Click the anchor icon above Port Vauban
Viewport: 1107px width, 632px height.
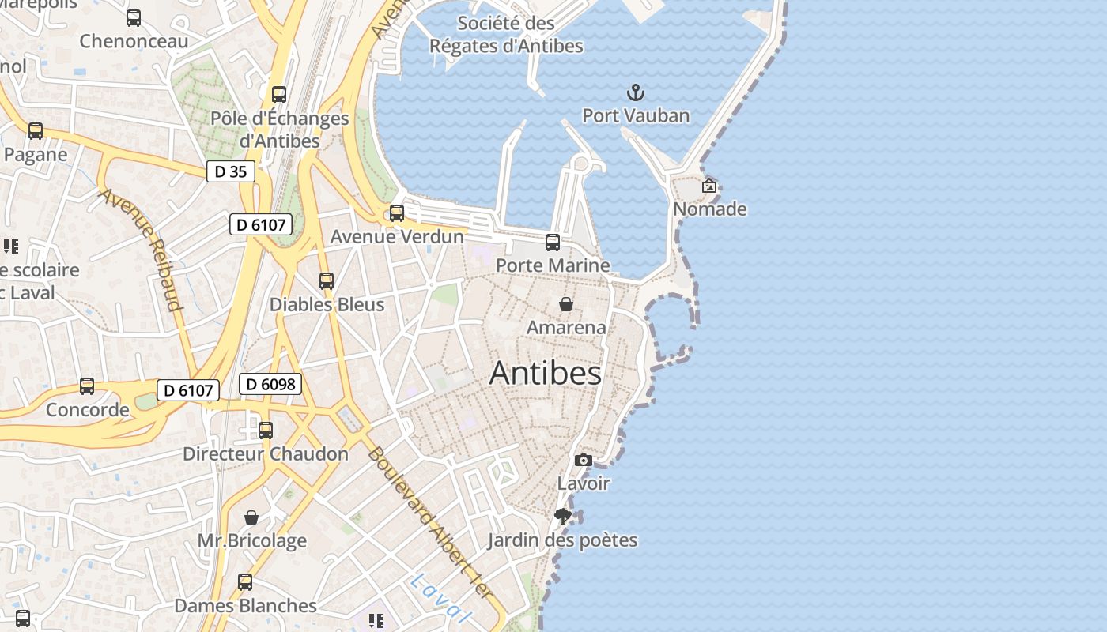click(x=636, y=93)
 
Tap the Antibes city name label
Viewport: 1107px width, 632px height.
click(x=546, y=373)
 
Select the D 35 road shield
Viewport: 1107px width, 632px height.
click(x=231, y=171)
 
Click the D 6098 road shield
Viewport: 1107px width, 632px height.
click(x=270, y=385)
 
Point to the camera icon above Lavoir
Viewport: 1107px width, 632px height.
click(x=584, y=460)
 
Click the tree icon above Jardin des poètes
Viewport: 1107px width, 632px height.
click(x=563, y=517)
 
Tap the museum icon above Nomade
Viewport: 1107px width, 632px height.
click(x=709, y=186)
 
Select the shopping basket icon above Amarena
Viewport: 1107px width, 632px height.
click(x=566, y=304)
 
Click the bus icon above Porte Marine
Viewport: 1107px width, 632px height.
click(x=553, y=243)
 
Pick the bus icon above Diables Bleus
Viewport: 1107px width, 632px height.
click(x=327, y=281)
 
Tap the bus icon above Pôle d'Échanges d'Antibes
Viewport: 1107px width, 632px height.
click(x=279, y=95)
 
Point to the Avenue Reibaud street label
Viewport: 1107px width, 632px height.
click(x=141, y=250)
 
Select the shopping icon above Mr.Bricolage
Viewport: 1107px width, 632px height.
click(x=251, y=517)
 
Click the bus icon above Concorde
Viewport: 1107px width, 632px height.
click(x=87, y=386)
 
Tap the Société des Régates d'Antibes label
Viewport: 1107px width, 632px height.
click(x=506, y=35)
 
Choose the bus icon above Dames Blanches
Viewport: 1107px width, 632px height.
click(x=245, y=582)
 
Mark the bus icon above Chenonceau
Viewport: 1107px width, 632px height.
click(x=134, y=18)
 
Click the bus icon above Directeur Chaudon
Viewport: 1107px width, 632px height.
click(x=266, y=431)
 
